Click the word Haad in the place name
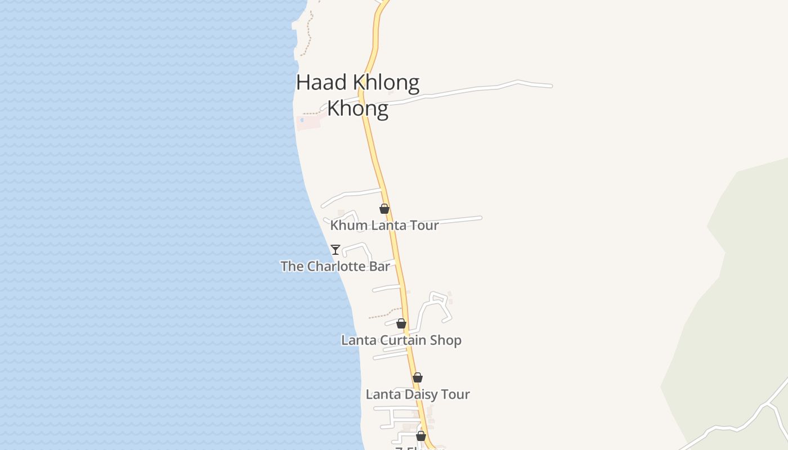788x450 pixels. [x=321, y=83]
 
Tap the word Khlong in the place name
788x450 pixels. [x=386, y=83]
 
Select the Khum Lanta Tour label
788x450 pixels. [x=384, y=225]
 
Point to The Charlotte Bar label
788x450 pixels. [x=335, y=266]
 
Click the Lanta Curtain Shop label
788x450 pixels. [x=401, y=340]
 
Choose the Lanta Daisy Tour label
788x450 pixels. [x=418, y=394]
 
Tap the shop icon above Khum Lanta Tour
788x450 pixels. [x=384, y=209]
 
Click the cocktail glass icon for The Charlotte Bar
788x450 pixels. [x=335, y=249]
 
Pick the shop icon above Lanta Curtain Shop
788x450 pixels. [x=401, y=323]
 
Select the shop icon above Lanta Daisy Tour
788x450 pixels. [x=418, y=377]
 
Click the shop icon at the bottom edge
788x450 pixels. [x=421, y=436]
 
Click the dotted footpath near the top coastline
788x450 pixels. [x=309, y=34]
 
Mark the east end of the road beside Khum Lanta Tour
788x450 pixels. [x=480, y=218]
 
